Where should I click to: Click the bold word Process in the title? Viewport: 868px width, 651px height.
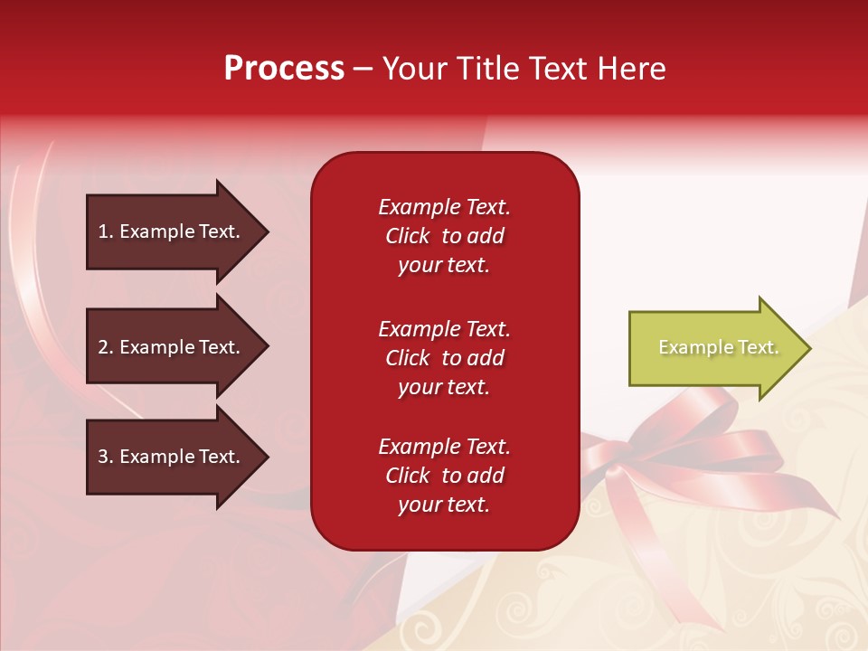284,69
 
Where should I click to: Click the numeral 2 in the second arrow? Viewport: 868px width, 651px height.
103,347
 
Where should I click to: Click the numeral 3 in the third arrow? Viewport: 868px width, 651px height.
103,457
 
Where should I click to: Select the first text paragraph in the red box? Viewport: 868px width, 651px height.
444,236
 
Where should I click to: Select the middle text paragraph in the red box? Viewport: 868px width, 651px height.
444,358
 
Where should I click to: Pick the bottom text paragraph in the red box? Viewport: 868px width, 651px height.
444,476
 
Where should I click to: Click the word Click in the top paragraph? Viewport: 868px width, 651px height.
407,236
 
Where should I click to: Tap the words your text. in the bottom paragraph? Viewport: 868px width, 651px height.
444,505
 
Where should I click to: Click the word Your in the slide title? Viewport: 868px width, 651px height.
415,69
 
